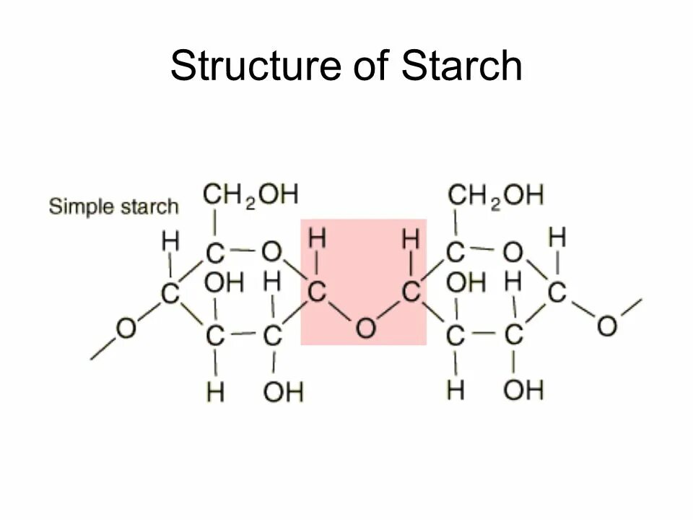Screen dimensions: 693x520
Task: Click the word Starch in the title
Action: [462, 66]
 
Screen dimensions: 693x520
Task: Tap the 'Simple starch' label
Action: [113, 207]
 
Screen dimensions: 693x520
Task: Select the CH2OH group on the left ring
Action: [250, 194]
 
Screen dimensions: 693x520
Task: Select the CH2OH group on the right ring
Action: [496, 194]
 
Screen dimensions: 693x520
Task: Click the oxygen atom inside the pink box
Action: [365, 329]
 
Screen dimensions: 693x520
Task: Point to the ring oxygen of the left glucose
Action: [271, 252]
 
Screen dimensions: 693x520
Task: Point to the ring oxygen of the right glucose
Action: [513, 252]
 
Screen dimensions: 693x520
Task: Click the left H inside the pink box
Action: [317, 238]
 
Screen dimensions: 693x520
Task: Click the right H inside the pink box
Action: [411, 238]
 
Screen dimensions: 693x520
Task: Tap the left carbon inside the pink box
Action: [317, 292]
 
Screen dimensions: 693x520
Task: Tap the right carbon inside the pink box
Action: [411, 292]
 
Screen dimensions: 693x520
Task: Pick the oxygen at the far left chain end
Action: [126, 329]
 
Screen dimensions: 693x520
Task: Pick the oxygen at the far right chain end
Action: [607, 325]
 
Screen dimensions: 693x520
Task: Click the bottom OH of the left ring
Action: [283, 392]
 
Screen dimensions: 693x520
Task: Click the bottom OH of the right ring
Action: [523, 391]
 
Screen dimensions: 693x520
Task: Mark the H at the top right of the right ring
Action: [557, 236]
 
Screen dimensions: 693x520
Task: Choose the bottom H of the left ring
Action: [215, 392]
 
